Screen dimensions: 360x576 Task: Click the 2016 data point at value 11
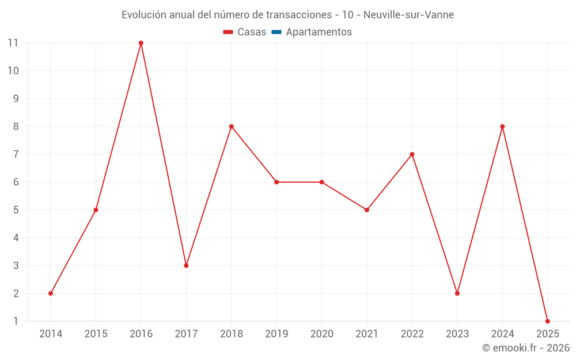pos(141,43)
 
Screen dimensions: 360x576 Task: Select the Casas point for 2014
pos(51,293)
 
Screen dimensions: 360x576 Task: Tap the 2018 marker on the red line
pos(232,127)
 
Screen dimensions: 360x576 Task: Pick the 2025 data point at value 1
pos(547,321)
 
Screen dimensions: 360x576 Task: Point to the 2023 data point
pos(457,293)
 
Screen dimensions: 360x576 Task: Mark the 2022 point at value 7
pos(412,154)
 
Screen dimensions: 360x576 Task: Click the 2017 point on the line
pos(186,266)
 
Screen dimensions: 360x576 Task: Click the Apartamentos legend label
pos(319,32)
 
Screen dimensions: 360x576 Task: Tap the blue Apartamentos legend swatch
pos(276,32)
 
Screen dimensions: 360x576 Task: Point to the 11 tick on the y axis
pos(13,43)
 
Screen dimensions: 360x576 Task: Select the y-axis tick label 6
pos(16,182)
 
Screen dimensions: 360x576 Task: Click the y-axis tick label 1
pos(16,321)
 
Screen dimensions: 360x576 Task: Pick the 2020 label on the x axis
pos(321,334)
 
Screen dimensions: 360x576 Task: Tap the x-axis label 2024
pos(502,334)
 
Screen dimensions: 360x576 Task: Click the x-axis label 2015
pos(96,334)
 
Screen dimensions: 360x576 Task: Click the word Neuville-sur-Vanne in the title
pos(408,15)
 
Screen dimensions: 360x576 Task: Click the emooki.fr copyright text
pos(525,348)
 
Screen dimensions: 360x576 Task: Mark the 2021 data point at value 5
pos(367,210)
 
